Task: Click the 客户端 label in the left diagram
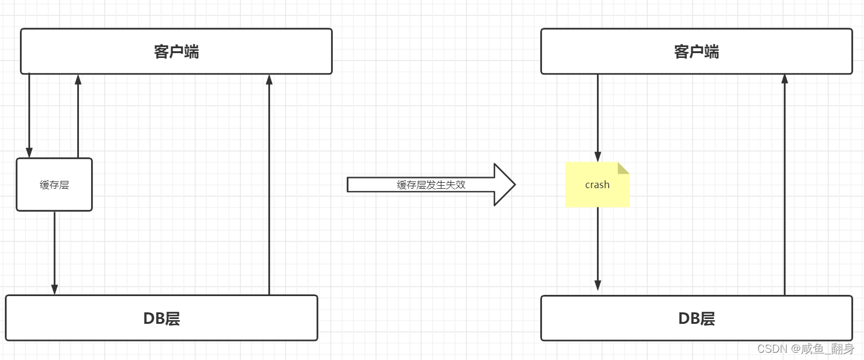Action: (176, 52)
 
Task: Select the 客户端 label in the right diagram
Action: (696, 52)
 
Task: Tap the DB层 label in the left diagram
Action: (162, 318)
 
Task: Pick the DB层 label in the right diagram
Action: (696, 318)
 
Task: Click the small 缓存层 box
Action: (54, 185)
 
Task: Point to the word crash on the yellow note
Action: (597, 185)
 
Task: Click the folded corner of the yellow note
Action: (624, 168)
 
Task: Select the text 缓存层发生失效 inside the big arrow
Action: (431, 185)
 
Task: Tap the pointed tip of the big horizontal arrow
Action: (514, 185)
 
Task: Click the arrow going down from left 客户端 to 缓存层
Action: (29, 115)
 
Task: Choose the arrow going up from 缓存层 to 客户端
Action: (78, 115)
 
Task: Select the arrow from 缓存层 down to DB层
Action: (54, 253)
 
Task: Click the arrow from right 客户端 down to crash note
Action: (598, 118)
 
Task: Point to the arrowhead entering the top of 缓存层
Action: (29, 153)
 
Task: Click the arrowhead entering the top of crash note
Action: (598, 157)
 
